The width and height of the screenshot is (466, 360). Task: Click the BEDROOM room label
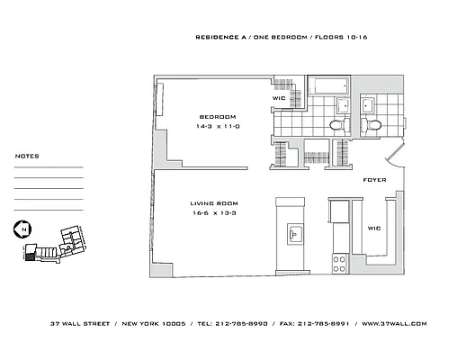[x=217, y=117]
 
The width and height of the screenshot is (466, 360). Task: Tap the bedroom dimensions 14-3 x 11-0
[x=217, y=126]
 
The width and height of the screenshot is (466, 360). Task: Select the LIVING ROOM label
[x=212, y=203]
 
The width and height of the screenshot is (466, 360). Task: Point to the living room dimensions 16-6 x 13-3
[x=212, y=213]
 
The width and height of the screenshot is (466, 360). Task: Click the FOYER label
[x=374, y=180]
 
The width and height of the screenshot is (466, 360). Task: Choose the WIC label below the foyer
[x=374, y=228]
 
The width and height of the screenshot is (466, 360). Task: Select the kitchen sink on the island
[x=295, y=234]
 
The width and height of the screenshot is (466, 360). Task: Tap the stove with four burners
[x=341, y=264]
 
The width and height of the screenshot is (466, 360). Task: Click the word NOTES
[x=27, y=156]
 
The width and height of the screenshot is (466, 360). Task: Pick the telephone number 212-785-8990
[x=243, y=323]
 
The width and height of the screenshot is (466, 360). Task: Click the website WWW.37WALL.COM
[x=393, y=323]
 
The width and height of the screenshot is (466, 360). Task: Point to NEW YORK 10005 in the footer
[x=157, y=323]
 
